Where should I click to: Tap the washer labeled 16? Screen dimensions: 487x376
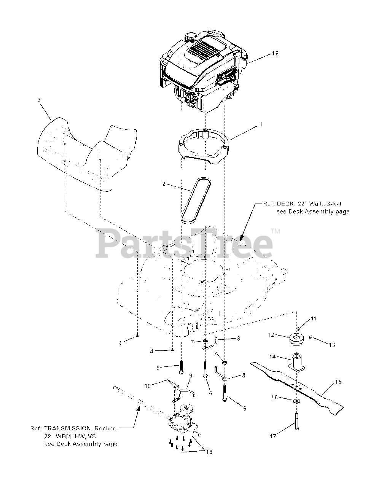pos(296,401)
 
